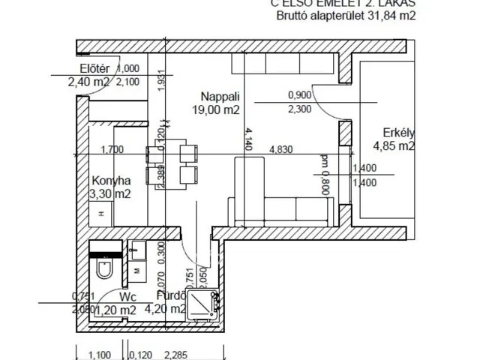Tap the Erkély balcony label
pyautogui.click(x=394, y=133)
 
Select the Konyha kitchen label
pyautogui.click(x=111, y=181)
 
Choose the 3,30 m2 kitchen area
pyautogui.click(x=111, y=194)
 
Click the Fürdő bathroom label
pyautogui.click(x=169, y=296)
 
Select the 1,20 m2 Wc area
pyautogui.click(x=118, y=309)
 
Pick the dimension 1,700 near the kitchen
pyautogui.click(x=112, y=149)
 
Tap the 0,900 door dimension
pyautogui.click(x=300, y=95)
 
